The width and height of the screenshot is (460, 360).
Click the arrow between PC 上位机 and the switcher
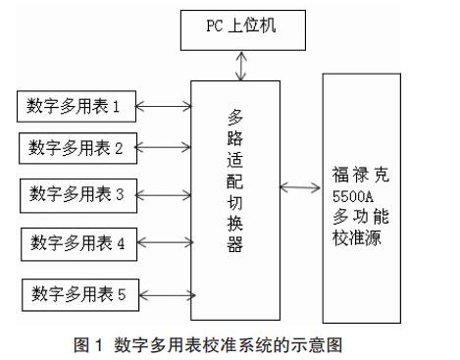coord(241,66)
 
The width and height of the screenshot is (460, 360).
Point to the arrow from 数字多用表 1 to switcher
coord(164,106)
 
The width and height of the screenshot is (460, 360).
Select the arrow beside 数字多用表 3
coord(164,195)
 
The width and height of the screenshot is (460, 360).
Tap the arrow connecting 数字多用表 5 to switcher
coord(168,295)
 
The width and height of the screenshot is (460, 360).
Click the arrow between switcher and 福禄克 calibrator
coord(300,187)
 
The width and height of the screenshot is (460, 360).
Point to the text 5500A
coord(352,196)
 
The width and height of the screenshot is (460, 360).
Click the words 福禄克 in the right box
coord(360,175)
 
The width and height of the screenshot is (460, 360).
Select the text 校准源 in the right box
coord(356,237)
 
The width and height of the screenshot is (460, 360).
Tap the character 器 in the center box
coord(235,244)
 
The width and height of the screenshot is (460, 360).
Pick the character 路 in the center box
coord(235,138)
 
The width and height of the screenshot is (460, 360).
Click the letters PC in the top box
coord(214,26)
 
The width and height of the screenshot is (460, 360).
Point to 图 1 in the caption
coord(88,345)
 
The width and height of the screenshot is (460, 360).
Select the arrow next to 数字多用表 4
coord(166,242)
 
